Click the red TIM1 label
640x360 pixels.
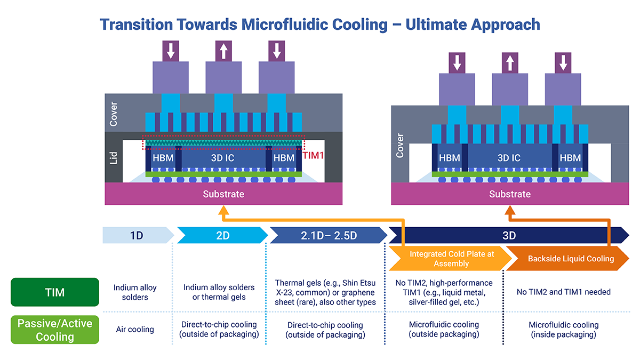313,156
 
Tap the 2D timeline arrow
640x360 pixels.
222,235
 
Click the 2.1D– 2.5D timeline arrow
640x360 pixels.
327,235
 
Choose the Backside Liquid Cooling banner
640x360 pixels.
571,259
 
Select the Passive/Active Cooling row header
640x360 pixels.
55,330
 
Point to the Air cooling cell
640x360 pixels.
135,330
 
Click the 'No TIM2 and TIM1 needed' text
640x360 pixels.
564,292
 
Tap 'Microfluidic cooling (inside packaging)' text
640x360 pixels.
564,330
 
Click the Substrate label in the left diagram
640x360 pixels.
223,194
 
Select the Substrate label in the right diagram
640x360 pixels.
510,194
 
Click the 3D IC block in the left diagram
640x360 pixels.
223,158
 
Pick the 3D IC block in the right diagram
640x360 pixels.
509,158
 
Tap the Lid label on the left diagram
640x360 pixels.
113,158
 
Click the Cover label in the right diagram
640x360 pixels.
400,145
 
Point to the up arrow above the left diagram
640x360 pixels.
223,51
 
